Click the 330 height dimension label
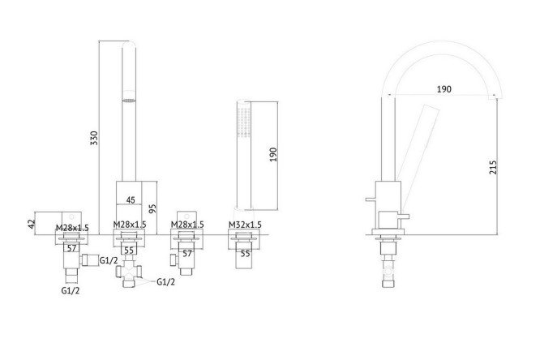(94, 138)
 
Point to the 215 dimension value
(493, 167)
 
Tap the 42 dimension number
(32, 224)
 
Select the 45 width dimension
(131, 199)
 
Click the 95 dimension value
(152, 208)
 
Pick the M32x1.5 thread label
(245, 225)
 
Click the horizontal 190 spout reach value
(444, 89)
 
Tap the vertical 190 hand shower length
(272, 155)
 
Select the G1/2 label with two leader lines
(165, 282)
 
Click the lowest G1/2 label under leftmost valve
(71, 290)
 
